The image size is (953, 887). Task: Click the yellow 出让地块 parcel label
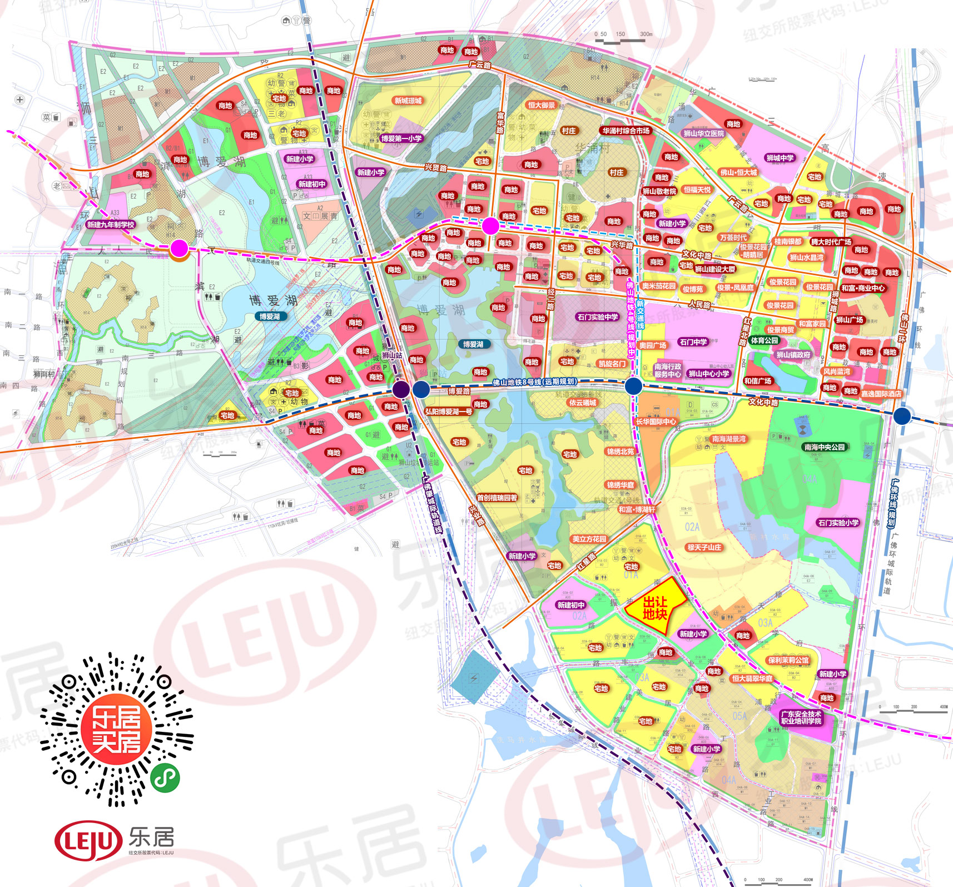[654, 608]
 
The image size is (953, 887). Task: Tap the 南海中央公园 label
[824, 447]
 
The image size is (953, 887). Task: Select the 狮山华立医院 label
[703, 133]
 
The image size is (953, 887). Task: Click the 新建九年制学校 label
[111, 225]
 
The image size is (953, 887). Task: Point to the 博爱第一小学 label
[401, 138]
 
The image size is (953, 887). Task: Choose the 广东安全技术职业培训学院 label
[801, 717]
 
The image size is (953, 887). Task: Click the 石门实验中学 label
[598, 317]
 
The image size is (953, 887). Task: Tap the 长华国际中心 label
[656, 422]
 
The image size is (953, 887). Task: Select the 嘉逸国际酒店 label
[881, 394]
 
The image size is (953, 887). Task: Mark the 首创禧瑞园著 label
[497, 498]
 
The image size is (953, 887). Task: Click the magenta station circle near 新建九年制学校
[179, 249]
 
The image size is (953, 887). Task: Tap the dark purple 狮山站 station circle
[401, 389]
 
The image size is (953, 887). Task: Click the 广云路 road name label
[480, 65]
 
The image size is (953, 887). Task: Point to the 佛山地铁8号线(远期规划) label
[534, 382]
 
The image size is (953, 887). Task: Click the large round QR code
[117, 729]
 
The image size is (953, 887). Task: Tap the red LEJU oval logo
[88, 840]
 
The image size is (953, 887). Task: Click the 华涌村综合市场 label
[626, 131]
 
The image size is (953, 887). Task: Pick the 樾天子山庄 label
[704, 547]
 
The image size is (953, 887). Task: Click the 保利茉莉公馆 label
[788, 660]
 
